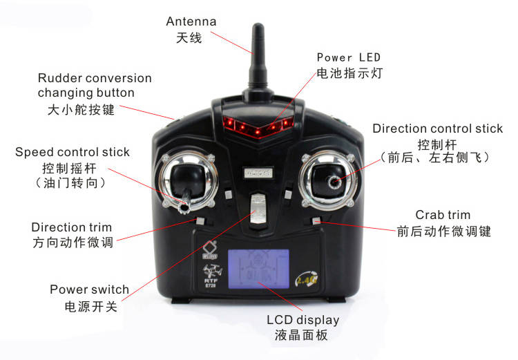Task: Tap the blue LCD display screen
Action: (x=258, y=269)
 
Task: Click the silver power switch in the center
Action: (x=258, y=209)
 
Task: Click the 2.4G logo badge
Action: (x=306, y=279)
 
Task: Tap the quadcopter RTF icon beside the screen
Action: (x=211, y=275)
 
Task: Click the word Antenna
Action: (x=191, y=21)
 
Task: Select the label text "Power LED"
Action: (x=349, y=57)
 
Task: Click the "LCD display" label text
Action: (x=303, y=320)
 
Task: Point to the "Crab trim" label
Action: (x=443, y=215)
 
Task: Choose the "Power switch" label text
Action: (x=89, y=290)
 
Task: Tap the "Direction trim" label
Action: (x=71, y=227)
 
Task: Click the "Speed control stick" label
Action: (x=73, y=152)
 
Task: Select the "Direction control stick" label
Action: (x=438, y=129)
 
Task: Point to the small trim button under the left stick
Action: (x=200, y=221)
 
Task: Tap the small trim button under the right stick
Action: (x=316, y=221)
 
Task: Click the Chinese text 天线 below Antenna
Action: (x=189, y=38)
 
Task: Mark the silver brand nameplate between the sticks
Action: (x=259, y=173)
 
